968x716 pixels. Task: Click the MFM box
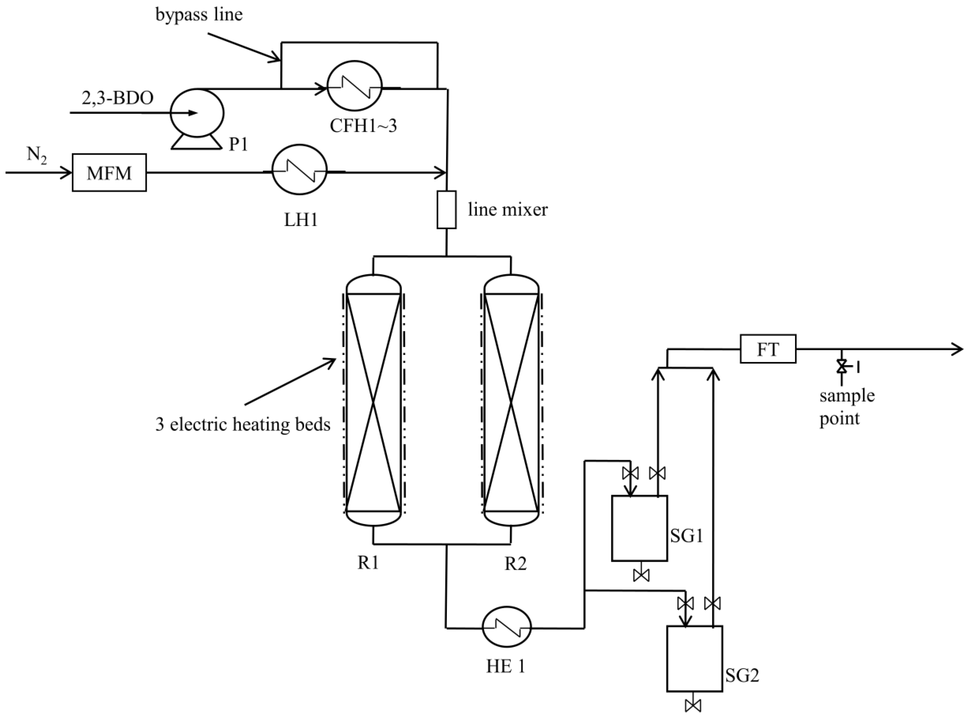(109, 172)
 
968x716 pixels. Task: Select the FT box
(768, 349)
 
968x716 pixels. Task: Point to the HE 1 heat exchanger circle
(506, 627)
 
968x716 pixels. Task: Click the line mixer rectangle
(446, 210)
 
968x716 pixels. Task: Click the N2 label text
(37, 155)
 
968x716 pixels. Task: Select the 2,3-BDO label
(117, 98)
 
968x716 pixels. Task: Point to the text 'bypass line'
(199, 15)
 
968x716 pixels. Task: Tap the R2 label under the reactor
(515, 563)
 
